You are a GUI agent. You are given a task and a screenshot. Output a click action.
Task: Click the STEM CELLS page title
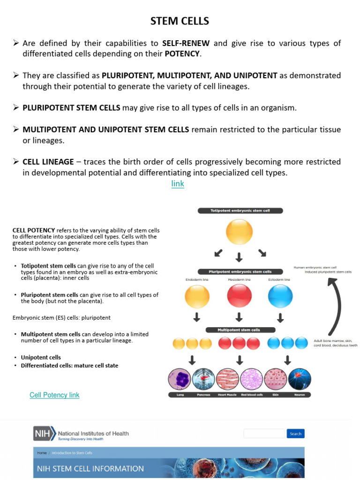180,21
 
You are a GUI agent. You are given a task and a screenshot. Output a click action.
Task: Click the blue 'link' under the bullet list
178,184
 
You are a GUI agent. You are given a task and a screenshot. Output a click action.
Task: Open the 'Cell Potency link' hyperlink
54,395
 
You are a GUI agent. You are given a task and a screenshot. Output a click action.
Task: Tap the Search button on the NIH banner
295,434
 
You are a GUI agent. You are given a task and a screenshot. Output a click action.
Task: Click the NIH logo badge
44,434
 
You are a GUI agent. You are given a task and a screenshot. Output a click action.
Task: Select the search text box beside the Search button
264,434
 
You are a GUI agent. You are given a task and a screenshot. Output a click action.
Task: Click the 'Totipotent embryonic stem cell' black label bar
240,211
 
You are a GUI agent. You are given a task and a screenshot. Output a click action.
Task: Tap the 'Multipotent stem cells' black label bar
240,330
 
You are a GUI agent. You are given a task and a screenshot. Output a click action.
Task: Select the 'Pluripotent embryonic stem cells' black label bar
240,271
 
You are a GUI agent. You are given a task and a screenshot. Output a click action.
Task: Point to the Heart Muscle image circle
228,380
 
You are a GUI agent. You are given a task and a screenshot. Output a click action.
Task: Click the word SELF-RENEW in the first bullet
186,44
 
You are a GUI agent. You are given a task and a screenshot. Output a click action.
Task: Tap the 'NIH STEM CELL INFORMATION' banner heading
91,468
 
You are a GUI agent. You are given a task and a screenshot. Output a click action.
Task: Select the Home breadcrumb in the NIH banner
42,453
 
